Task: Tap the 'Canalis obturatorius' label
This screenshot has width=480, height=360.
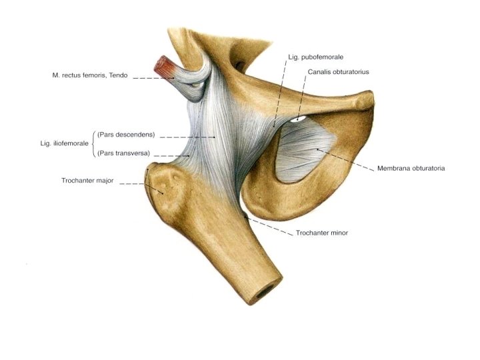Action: coord(338,71)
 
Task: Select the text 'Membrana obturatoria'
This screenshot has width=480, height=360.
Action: coord(410,169)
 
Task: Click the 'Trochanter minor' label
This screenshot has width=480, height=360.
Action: coord(322,233)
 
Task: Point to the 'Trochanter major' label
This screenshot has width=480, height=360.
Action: coord(86,180)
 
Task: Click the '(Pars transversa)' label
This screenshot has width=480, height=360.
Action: coord(123,153)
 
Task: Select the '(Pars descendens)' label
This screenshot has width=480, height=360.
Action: coord(126,135)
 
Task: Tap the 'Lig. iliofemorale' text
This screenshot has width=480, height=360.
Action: coord(65,143)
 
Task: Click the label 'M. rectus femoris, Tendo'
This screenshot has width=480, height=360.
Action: coord(89,76)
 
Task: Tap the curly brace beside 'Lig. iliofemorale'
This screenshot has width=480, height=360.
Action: coord(93,143)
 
